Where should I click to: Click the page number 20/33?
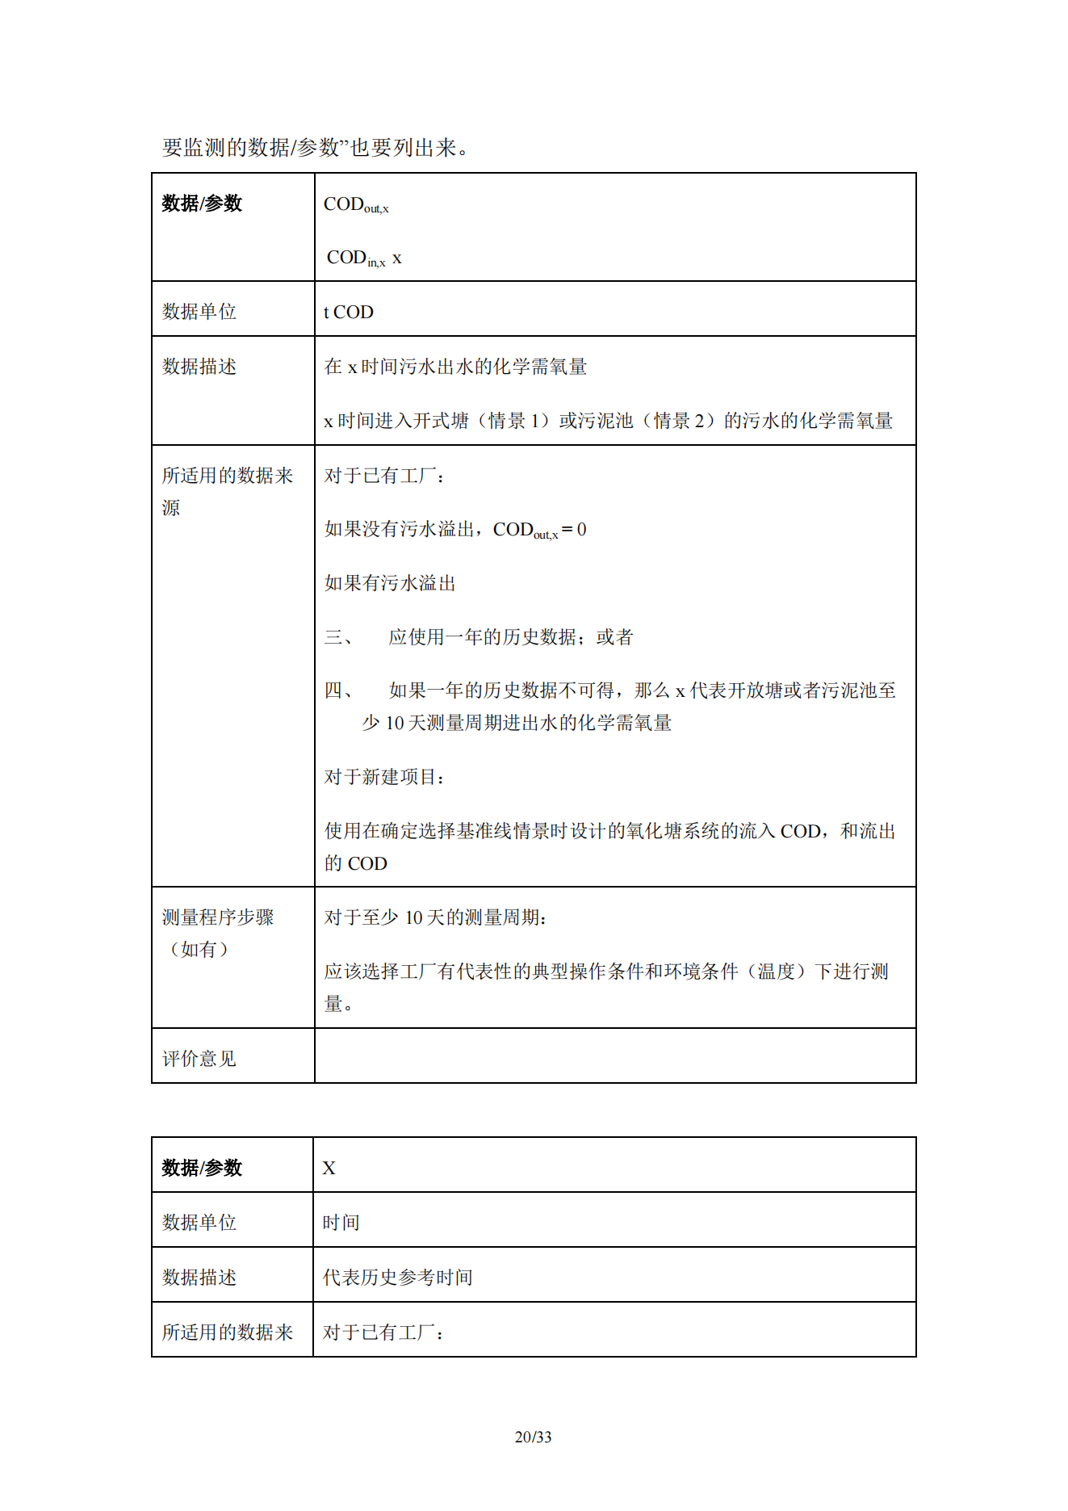(x=533, y=1437)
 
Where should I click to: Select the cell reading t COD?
(x=348, y=312)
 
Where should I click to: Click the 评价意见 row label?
(x=199, y=1058)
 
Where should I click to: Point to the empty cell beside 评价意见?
(x=614, y=1056)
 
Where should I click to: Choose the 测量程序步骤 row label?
(x=218, y=917)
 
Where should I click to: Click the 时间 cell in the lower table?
(x=341, y=1222)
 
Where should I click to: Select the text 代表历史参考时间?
(x=397, y=1277)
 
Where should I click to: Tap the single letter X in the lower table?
(x=329, y=1168)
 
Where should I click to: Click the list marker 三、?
(x=338, y=637)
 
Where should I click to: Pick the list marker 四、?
(x=338, y=690)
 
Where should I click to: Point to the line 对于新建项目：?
(x=385, y=777)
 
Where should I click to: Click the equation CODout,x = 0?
(x=539, y=530)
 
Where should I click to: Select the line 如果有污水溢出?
(x=390, y=583)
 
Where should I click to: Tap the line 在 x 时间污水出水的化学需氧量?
(x=455, y=367)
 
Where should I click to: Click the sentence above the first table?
(x=315, y=147)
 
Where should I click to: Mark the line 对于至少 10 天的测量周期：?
(x=436, y=917)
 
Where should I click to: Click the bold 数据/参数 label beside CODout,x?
(x=202, y=204)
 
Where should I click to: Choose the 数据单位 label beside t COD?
(x=199, y=312)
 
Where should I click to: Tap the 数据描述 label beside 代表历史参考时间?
(x=199, y=1277)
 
